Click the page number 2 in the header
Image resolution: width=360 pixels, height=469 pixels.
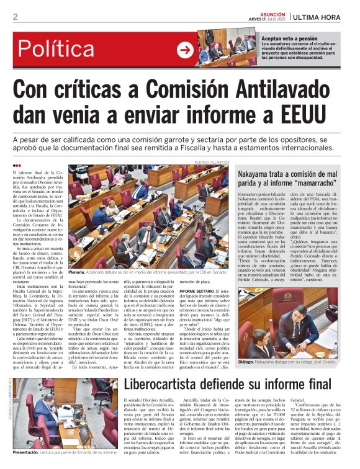pos(15,17)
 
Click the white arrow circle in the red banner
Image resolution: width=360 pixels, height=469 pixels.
pos(185,50)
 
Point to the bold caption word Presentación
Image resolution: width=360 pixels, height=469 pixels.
pos(30,452)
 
